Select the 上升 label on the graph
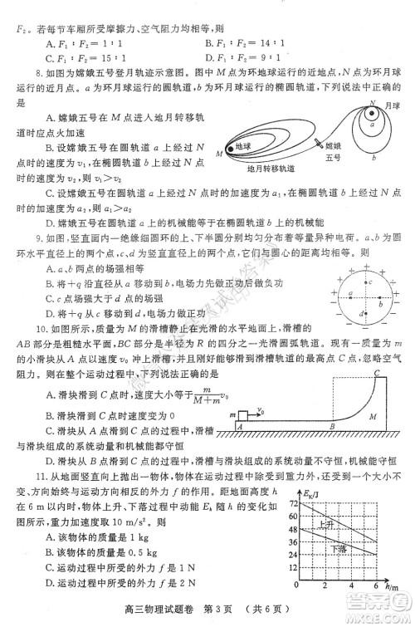tap(327, 525)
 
